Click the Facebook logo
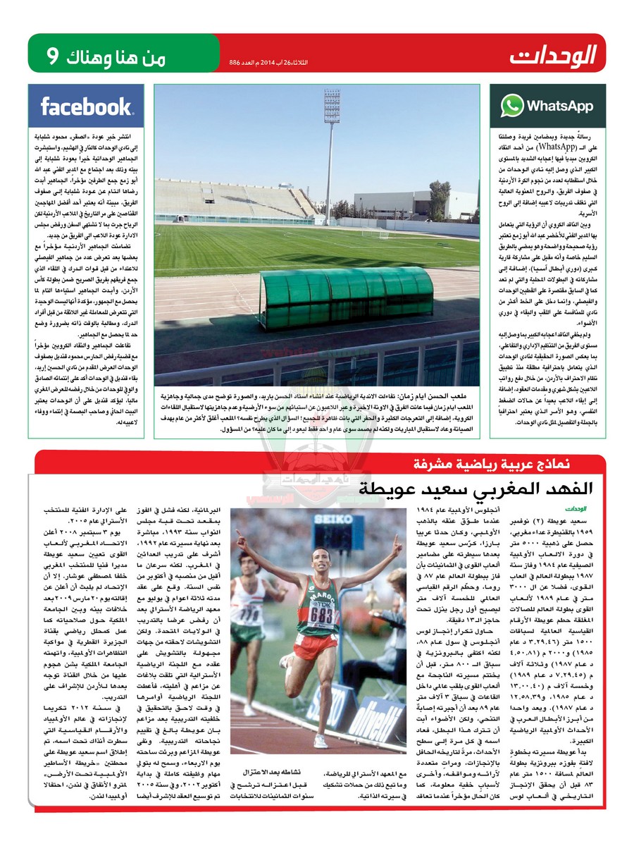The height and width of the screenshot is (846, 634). coord(86,106)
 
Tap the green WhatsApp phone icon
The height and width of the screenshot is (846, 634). coord(512,106)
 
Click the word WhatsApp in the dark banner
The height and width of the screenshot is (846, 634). coord(560,106)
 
